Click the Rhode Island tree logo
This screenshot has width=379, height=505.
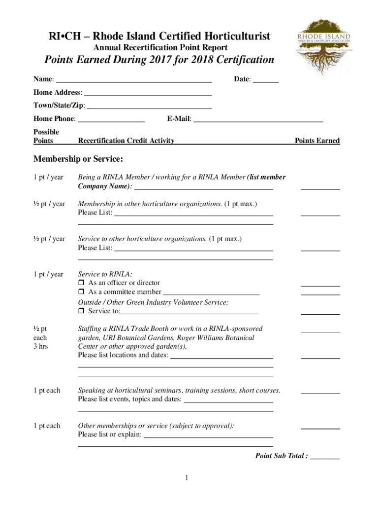pos(323,45)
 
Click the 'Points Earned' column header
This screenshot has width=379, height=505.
pos(317,141)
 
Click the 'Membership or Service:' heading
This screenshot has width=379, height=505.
pos(78,159)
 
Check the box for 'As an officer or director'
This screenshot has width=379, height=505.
pos(82,283)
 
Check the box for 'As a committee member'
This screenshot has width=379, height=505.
pos(82,292)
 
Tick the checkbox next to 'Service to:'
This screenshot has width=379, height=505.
pos(82,311)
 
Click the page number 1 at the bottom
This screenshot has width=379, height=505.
pos(187,478)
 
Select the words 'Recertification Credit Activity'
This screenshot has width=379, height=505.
pos(126,141)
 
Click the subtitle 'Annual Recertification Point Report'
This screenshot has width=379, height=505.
pos(160,48)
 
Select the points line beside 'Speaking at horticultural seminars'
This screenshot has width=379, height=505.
pos(320,393)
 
